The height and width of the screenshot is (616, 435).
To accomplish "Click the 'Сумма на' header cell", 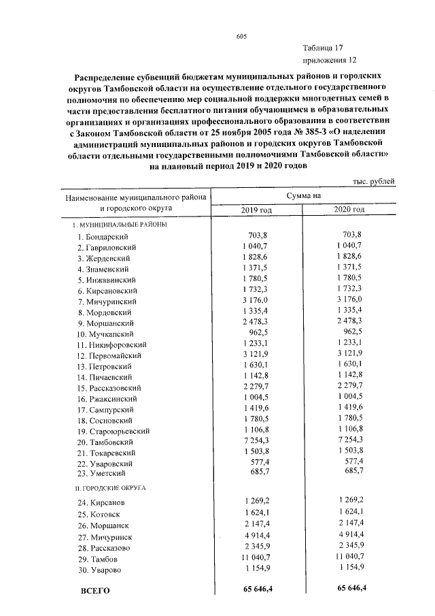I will (303, 195).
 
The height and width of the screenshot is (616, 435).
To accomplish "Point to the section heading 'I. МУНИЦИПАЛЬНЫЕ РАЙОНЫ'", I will (120, 224).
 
